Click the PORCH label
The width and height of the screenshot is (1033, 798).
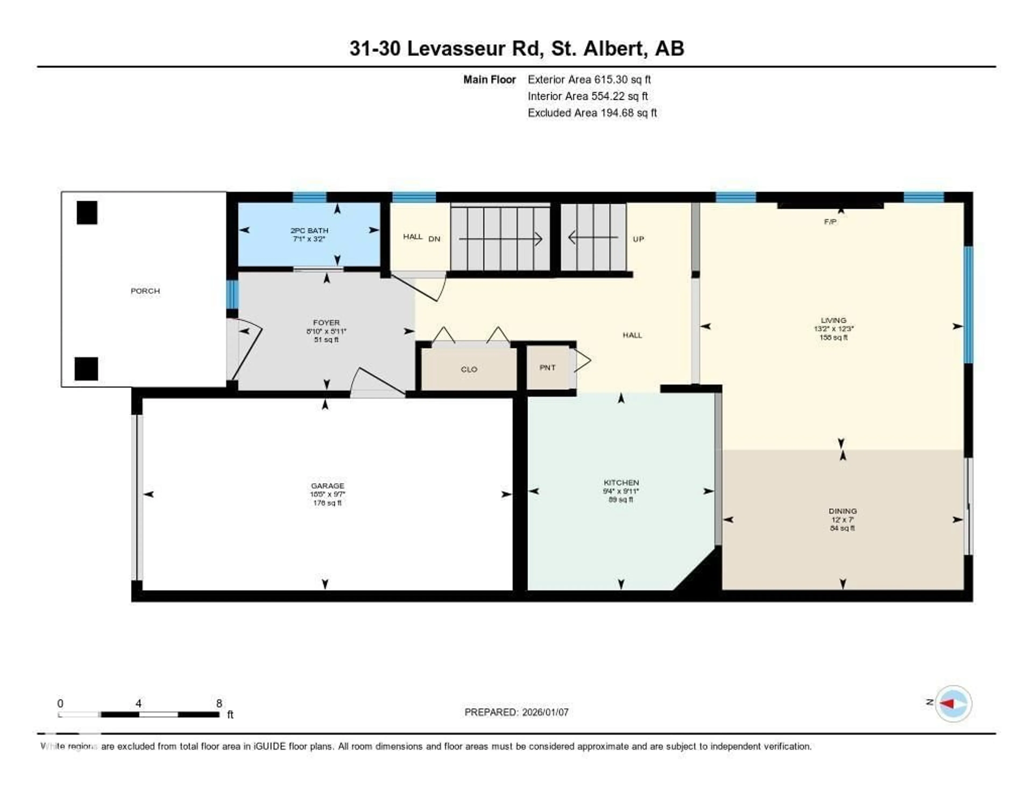[145, 291]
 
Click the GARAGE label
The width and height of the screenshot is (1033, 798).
[327, 486]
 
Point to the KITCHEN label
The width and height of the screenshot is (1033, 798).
[621, 482]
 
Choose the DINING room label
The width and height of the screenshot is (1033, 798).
[842, 511]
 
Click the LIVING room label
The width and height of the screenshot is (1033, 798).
[833, 320]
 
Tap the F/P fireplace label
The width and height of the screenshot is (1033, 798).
[830, 221]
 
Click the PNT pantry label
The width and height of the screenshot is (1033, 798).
[547, 368]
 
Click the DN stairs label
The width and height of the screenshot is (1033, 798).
[434, 239]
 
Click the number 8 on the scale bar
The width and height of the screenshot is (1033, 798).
[219, 703]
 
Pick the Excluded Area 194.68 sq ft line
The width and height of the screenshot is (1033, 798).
[592, 112]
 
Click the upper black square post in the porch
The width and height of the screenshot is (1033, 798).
[87, 212]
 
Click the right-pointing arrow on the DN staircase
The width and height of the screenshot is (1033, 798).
[538, 239]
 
